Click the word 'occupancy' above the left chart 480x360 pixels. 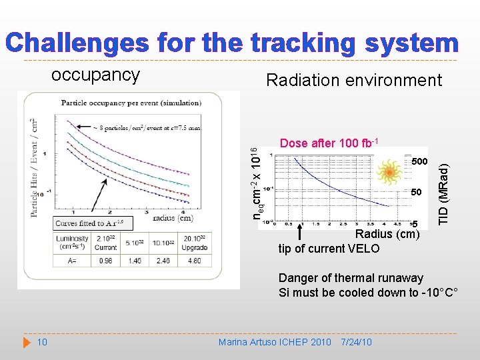(x=95, y=75)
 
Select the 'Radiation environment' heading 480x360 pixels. (x=353, y=81)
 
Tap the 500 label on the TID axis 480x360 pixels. (x=419, y=162)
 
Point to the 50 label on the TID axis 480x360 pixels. (x=417, y=192)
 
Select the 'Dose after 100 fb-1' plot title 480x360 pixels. (x=329, y=143)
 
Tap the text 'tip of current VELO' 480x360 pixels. (x=329, y=249)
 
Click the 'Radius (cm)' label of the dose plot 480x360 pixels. (x=387, y=234)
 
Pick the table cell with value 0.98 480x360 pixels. (x=105, y=261)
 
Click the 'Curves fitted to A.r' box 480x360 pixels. (x=91, y=223)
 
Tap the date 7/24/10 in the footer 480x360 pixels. (x=356, y=342)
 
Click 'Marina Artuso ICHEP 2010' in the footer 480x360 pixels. (x=275, y=342)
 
